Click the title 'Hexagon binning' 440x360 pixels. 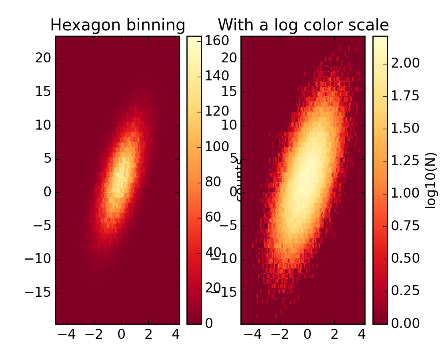pyautogui.click(x=118, y=26)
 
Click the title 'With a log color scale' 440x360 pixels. pyautogui.click(x=303, y=26)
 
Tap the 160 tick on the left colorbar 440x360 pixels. pyautogui.click(x=216, y=41)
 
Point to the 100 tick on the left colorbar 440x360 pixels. pyautogui.click(x=216, y=147)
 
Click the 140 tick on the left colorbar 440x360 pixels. pyautogui.click(x=216, y=76)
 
